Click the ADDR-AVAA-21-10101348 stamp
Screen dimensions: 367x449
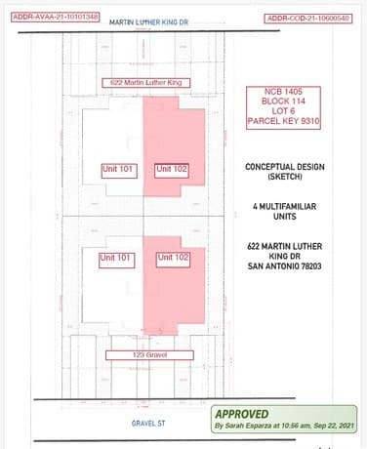[x=56, y=17]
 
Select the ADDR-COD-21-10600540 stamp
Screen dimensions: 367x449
[x=308, y=19]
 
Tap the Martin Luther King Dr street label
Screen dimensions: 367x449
[x=148, y=22]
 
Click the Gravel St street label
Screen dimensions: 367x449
[x=148, y=424]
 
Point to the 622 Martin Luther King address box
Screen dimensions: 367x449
[x=146, y=83]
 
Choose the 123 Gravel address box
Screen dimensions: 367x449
[x=149, y=355]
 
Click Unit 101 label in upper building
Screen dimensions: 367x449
[x=119, y=171]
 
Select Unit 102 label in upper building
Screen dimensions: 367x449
[x=172, y=171]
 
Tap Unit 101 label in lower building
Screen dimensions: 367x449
[x=117, y=261]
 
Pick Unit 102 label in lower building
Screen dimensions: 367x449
[x=173, y=260]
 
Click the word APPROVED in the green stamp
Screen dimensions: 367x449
[x=242, y=414]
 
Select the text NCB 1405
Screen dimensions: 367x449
[x=283, y=92]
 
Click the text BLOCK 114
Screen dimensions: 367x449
[x=283, y=102]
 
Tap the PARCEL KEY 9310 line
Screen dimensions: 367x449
[x=283, y=121]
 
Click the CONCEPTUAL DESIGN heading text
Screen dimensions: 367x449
[x=285, y=167]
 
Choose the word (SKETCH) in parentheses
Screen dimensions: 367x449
[x=285, y=177]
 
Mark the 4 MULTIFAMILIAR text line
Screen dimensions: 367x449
[x=285, y=206]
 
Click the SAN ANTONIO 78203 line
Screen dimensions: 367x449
[x=285, y=266]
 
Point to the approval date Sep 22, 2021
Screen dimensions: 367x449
[x=334, y=426]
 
